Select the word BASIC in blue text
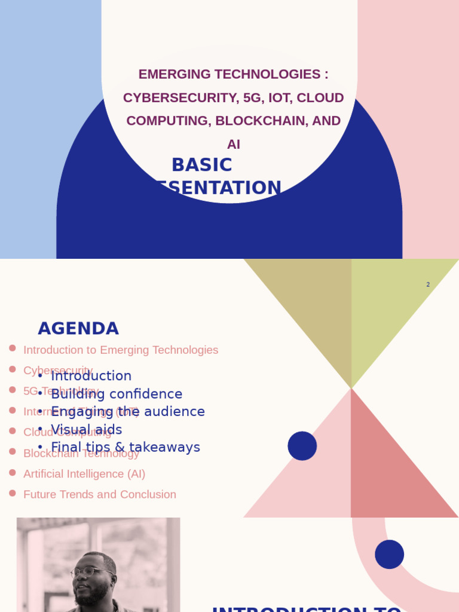[x=201, y=165]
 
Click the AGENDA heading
[x=78, y=329]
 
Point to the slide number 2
[x=428, y=284]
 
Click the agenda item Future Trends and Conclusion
[x=100, y=494]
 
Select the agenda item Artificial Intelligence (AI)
[x=84, y=474]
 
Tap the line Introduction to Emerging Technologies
[x=121, y=350]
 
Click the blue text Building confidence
[x=117, y=394]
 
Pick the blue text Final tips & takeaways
[x=126, y=447]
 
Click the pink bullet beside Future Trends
[x=13, y=493]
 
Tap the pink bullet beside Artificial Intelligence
[x=13, y=472]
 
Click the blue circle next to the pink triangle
[x=302, y=446]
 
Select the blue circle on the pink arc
[x=390, y=554]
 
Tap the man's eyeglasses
[x=93, y=573]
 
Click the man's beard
[x=93, y=595]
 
